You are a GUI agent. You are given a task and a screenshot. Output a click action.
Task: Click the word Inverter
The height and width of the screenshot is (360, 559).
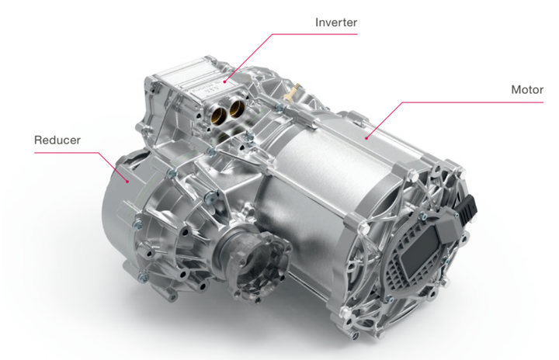pos(336,22)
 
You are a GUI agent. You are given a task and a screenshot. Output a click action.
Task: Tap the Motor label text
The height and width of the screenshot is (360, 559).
pos(527,89)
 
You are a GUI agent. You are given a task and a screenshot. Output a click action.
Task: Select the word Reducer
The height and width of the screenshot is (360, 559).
pos(57,140)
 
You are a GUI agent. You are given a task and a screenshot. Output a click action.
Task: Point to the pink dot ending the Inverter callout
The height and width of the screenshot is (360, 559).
pos(225,81)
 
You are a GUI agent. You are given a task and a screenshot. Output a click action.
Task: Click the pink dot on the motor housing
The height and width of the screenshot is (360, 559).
pos(366,137)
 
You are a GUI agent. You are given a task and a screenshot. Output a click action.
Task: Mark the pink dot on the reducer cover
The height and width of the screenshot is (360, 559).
pos(127,182)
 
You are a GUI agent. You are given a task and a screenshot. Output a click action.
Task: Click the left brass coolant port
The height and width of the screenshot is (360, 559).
pos(218,114)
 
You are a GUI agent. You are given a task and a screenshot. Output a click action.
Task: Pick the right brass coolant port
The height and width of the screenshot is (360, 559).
pos(236,106)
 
